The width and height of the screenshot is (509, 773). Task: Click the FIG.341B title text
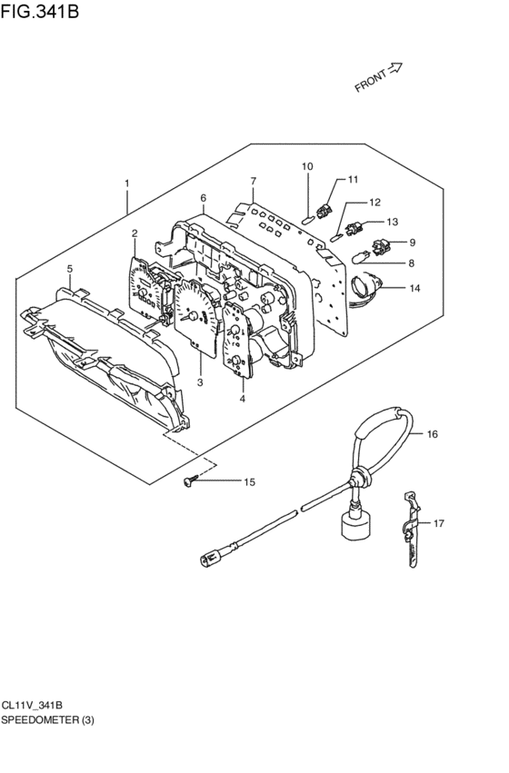click(39, 10)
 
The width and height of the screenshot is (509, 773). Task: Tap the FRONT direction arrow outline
click(395, 68)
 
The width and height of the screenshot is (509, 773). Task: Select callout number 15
click(250, 481)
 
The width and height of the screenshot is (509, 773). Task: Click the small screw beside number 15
click(189, 481)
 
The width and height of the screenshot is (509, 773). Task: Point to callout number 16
click(432, 434)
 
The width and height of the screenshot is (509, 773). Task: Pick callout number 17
click(438, 523)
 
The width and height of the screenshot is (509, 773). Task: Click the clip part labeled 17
click(410, 528)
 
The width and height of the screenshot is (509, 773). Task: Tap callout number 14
click(414, 288)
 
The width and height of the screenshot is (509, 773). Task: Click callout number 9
click(413, 243)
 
